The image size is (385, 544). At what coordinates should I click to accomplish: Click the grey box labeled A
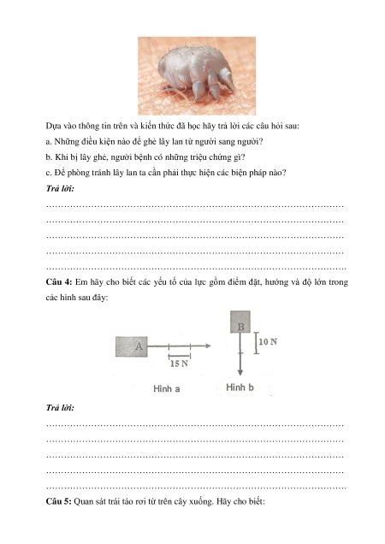pos(132,346)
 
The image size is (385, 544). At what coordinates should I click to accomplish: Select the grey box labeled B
pos(240,322)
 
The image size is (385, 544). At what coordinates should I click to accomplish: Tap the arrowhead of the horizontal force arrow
pos(208,346)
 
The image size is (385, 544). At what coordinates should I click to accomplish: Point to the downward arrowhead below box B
pos(240,373)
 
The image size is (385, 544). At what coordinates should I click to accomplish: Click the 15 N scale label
pos(179,364)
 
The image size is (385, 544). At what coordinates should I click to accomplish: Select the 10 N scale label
pos(268,342)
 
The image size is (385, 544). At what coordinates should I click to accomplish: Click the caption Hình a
pos(167,389)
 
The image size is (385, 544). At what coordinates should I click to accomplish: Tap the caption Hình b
pos(240,387)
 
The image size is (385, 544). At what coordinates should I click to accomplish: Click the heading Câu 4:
pos(59,282)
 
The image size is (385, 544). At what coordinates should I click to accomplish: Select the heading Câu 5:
pos(59,501)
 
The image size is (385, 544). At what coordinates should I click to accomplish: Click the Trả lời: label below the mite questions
pos(60,189)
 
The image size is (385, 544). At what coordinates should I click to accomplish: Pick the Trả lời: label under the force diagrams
pos(60,408)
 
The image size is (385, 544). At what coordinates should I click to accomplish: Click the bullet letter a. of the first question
pos(49,142)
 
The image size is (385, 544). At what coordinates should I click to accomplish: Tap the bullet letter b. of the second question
pos(49,157)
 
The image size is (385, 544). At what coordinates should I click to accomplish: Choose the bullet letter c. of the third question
pos(49,173)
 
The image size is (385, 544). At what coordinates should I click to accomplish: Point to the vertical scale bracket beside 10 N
pos(256,343)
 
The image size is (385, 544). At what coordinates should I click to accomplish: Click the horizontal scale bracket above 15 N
pos(180,355)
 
